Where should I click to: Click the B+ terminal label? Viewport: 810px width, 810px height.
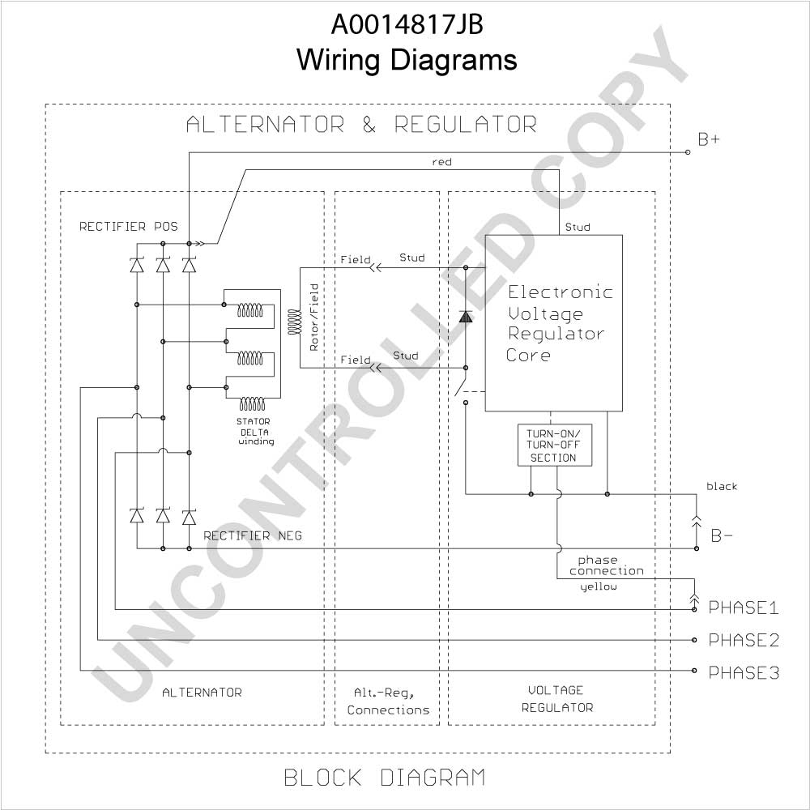708,139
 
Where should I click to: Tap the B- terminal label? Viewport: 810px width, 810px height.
722,535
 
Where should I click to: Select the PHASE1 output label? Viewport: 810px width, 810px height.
744,607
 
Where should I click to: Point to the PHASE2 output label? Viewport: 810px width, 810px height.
744,640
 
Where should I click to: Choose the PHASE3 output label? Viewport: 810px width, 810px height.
744,672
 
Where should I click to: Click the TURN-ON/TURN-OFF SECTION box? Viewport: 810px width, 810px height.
554,446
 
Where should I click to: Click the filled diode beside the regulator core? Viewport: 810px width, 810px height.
466,316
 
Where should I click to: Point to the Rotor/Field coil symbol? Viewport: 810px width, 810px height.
294,322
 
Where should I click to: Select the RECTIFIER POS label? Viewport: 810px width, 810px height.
128,226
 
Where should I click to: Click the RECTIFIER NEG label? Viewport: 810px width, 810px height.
253,535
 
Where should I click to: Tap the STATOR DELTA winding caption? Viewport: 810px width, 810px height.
255,432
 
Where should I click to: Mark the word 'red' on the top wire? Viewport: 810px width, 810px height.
441,162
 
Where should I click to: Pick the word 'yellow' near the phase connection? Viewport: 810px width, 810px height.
599,586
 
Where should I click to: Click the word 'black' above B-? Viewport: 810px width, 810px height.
722,486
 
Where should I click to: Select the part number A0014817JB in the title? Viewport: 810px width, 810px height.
407,24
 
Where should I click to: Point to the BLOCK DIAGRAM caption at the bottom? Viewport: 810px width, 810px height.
385,778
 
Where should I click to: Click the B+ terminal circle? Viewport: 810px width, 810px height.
688,152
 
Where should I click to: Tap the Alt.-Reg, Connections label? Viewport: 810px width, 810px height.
388,701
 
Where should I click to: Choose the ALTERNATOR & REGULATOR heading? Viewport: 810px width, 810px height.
361,125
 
